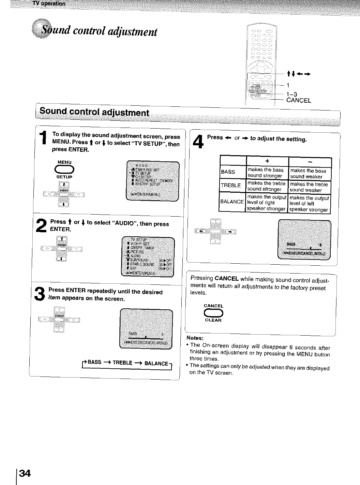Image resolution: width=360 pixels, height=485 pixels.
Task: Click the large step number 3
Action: [x=40, y=294]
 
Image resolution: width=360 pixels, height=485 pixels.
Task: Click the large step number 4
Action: [x=198, y=142]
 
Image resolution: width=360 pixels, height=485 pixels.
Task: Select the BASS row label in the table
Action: [x=228, y=172]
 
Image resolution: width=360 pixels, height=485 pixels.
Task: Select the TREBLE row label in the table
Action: [x=231, y=186]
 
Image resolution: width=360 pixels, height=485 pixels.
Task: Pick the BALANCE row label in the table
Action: [x=232, y=202]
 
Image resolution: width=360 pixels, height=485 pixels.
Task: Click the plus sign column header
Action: [x=267, y=161]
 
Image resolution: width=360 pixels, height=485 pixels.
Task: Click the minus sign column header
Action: [x=310, y=161]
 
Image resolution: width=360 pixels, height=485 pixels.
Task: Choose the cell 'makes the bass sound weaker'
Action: [x=308, y=174]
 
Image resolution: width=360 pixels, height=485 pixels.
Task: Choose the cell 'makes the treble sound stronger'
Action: [x=266, y=186]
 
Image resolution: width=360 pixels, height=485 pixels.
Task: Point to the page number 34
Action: [x=25, y=473]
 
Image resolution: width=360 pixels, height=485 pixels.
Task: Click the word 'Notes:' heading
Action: [x=195, y=338]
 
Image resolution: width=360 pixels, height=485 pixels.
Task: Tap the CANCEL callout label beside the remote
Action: [x=299, y=100]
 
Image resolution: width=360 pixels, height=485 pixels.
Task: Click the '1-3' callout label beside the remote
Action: [x=292, y=94]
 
